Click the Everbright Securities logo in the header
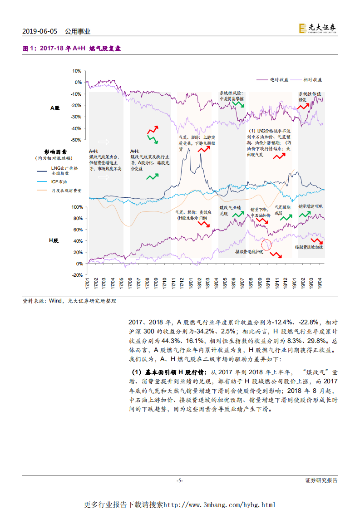317,28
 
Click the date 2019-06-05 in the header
40,31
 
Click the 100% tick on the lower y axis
76,206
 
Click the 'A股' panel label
55,108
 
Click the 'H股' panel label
54,240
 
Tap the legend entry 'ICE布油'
59,181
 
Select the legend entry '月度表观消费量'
63,191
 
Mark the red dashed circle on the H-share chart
266,245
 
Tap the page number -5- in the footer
180,480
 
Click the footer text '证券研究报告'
321,480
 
